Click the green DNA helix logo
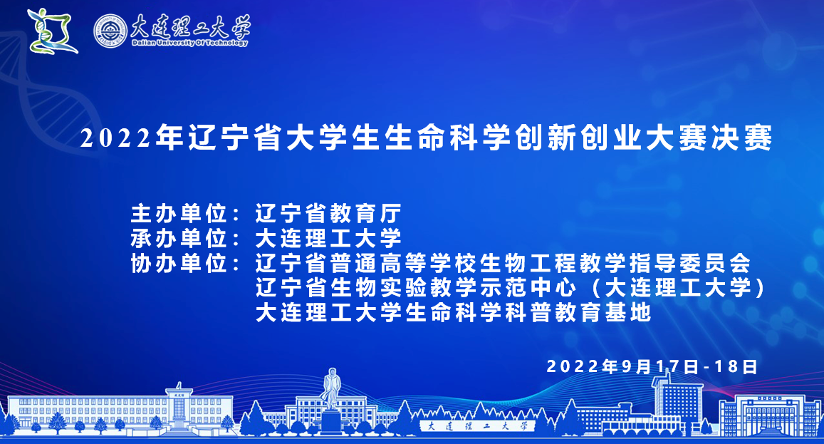click(x=52, y=31)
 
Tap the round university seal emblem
click(x=111, y=31)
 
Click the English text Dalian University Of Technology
click(x=189, y=43)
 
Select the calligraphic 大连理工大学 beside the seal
click(x=190, y=26)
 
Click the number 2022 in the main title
click(x=115, y=138)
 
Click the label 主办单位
click(x=179, y=214)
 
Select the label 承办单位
click(x=179, y=239)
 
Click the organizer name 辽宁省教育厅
click(x=328, y=214)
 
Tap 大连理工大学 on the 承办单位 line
click(x=328, y=239)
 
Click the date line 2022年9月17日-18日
click(x=652, y=366)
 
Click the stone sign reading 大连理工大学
click(x=476, y=426)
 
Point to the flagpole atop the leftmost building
click(x=179, y=386)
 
